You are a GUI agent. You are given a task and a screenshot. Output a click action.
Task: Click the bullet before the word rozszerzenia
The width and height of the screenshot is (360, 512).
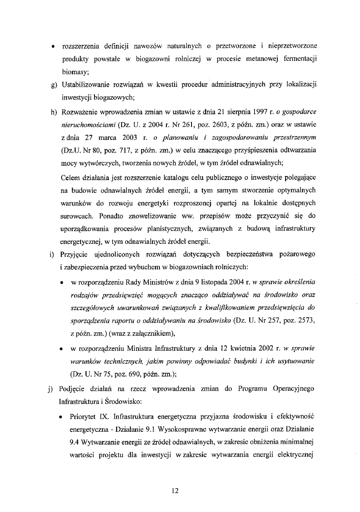coord(54,46)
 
